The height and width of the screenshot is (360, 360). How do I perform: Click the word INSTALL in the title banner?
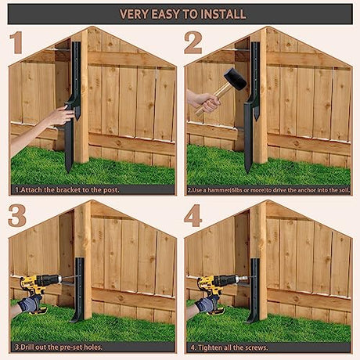pos(224,14)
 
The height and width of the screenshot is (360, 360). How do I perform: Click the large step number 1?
pos(16,42)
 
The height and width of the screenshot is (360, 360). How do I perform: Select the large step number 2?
pos(193,42)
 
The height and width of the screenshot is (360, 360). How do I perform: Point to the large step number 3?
pos(17,216)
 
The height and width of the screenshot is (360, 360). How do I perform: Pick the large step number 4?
pos(193,216)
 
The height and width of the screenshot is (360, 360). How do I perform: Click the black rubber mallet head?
pos(235,79)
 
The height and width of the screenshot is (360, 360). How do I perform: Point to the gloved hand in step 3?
pos(30,304)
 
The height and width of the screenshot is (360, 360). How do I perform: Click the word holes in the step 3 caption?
pos(93,347)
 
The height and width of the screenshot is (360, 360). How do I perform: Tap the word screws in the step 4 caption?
pos(256,347)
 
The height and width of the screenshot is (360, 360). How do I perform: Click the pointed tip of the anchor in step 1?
pos(68,171)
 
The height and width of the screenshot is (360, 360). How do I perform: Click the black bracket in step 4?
pos(254,290)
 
